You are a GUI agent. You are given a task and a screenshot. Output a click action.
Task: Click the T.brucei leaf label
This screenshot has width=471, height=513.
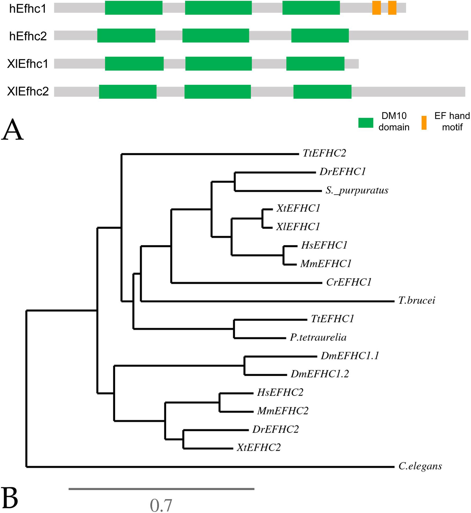pyautogui.click(x=416, y=300)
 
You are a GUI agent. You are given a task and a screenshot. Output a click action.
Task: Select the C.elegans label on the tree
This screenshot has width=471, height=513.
pyautogui.click(x=420, y=466)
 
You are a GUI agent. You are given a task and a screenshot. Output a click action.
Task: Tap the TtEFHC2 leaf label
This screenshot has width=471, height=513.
pyautogui.click(x=324, y=153)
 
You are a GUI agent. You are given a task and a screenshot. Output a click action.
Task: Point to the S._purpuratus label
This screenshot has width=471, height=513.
pyautogui.click(x=357, y=190)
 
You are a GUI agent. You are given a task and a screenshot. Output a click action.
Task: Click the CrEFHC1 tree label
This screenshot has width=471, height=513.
pyautogui.click(x=349, y=282)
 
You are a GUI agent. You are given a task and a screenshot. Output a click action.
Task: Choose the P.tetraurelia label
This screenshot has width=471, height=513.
pyautogui.click(x=318, y=337)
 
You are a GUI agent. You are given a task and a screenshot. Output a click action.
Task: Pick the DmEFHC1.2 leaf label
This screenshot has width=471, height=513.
pyautogui.click(x=320, y=374)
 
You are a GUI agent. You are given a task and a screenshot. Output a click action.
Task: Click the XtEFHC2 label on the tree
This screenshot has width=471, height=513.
pyautogui.click(x=259, y=447)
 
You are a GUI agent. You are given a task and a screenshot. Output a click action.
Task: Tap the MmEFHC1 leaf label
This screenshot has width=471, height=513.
pyautogui.click(x=326, y=264)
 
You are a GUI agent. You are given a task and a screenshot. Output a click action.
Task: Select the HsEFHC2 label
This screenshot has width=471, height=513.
pyautogui.click(x=280, y=392)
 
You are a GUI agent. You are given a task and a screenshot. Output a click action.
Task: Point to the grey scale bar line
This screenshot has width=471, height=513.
pyautogui.click(x=161, y=489)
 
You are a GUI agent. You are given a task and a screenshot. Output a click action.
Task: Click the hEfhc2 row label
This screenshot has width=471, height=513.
pyautogui.click(x=28, y=36)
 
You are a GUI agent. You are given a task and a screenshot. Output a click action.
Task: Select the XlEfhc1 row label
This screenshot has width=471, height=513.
pyautogui.click(x=28, y=64)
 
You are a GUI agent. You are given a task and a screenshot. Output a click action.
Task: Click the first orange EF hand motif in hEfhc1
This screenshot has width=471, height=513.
pyautogui.click(x=376, y=8)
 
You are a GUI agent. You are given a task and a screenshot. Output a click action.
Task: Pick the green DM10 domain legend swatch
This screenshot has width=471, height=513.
pyautogui.click(x=366, y=123)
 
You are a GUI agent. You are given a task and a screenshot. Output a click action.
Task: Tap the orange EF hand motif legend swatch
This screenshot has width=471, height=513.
pyautogui.click(x=424, y=123)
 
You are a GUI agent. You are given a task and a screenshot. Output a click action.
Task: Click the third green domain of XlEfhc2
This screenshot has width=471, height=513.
pyautogui.click(x=322, y=92)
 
